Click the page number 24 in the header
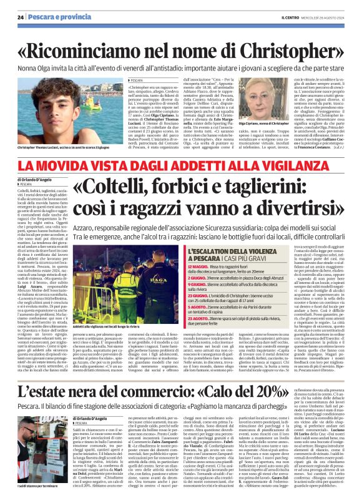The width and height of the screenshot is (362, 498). [21, 16]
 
